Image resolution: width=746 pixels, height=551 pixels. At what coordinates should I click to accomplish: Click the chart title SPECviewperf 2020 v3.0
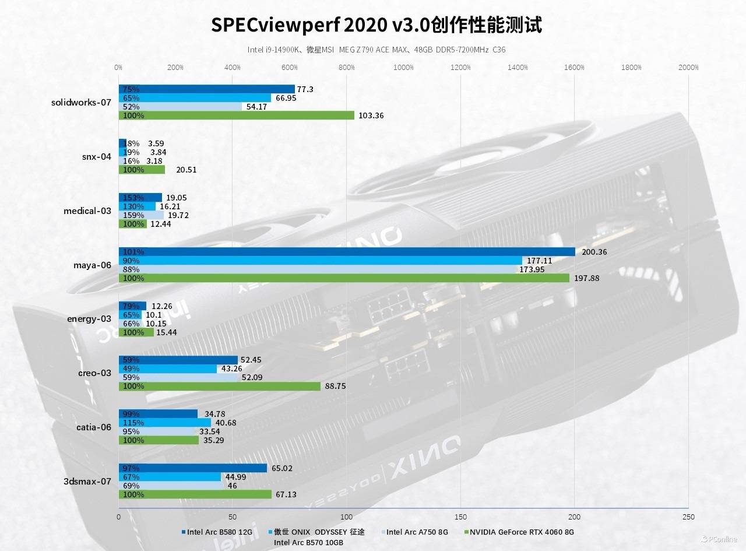pos(376,25)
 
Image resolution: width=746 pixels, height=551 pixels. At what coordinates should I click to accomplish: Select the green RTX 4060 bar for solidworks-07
pos(236,115)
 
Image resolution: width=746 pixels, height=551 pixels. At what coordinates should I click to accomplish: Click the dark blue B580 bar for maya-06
pos(347,252)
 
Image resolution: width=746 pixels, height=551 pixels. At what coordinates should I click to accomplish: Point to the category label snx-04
pos(96,156)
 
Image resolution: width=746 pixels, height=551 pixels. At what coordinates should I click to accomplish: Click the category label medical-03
pos(87,210)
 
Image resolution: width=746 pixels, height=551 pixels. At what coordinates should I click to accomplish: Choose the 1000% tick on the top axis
pos(403,68)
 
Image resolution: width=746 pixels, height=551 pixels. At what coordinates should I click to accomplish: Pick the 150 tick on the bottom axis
pos(460,517)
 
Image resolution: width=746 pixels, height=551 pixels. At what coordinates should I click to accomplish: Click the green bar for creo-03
pos(219,386)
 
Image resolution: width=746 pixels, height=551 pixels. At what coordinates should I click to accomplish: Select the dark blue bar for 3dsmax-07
pos(192,468)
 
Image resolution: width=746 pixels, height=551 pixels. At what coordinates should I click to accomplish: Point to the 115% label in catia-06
pos(132,423)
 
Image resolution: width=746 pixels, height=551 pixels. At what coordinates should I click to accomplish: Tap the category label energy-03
pos(89,318)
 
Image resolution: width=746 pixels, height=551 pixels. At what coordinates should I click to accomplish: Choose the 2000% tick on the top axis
pos(688,68)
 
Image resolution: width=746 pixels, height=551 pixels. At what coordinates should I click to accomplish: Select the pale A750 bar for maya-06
pos(318,269)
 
